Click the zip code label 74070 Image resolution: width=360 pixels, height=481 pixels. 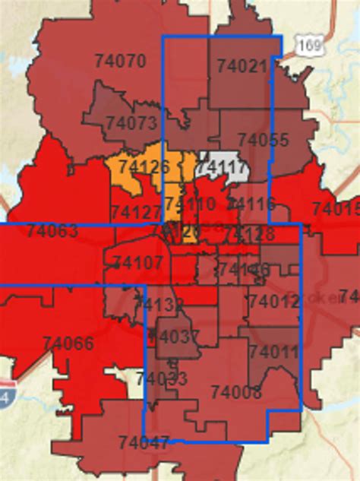click(x=121, y=61)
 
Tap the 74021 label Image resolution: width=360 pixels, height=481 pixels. click(x=242, y=67)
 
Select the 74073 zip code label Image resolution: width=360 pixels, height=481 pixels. click(x=131, y=122)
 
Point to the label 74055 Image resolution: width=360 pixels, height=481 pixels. click(x=263, y=140)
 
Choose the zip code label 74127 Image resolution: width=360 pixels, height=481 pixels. click(x=136, y=212)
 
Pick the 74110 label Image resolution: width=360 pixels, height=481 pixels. click(x=190, y=203)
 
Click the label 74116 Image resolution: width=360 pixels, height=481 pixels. click(x=251, y=203)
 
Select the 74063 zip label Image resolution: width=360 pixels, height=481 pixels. click(x=52, y=230)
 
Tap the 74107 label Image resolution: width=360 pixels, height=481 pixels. click(x=137, y=263)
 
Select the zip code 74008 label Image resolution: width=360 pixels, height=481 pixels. click(x=236, y=391)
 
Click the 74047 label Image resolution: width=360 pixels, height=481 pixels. click(x=144, y=441)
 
